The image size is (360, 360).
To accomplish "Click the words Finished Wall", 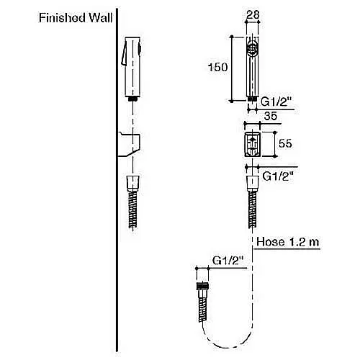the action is pyautogui.click(x=76, y=18).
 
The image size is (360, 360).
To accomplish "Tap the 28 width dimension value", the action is pyautogui.click(x=253, y=15).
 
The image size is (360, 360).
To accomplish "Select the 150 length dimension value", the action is pyautogui.click(x=217, y=67).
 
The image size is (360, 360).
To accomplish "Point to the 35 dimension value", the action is pyautogui.click(x=271, y=116).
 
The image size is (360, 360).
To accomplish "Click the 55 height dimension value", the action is pyautogui.click(x=285, y=143).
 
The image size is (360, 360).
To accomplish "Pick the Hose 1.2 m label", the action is pyautogui.click(x=288, y=242).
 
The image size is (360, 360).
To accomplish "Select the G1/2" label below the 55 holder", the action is pyautogui.click(x=278, y=176).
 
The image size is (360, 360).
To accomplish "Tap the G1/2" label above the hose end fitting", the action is pyautogui.click(x=228, y=261).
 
